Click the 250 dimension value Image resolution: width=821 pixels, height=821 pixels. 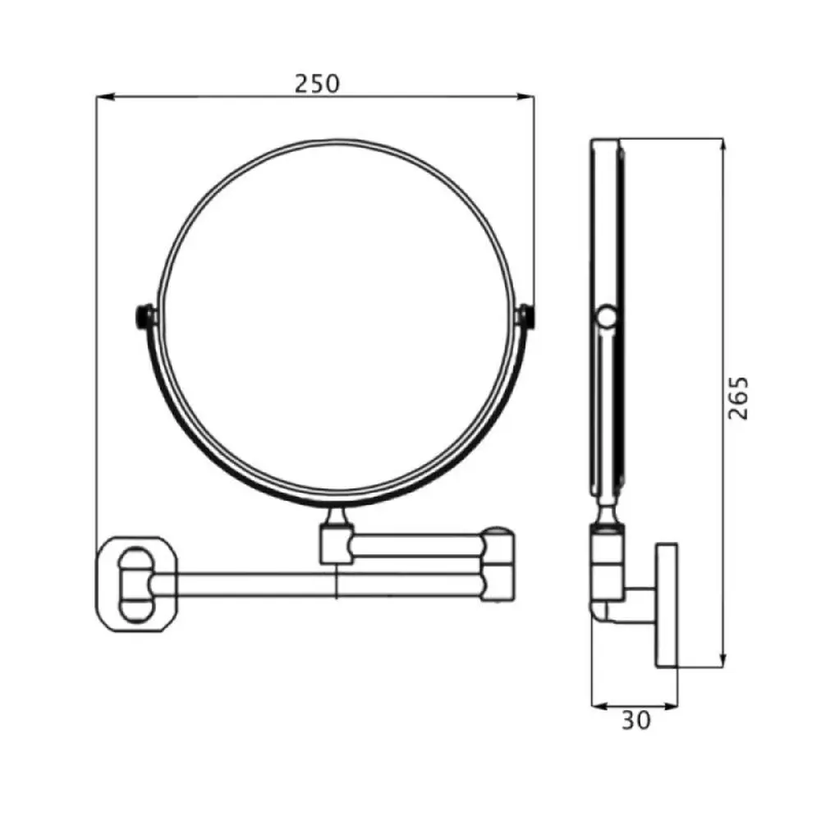(x=317, y=84)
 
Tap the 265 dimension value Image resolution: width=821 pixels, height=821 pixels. (x=739, y=398)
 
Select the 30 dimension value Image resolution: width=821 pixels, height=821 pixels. (x=636, y=721)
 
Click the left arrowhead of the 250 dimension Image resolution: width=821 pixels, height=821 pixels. (x=105, y=97)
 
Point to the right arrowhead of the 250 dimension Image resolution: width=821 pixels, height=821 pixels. (x=525, y=97)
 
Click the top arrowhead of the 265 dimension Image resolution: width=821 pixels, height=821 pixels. (x=723, y=147)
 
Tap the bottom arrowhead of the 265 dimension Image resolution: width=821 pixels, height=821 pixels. (x=723, y=659)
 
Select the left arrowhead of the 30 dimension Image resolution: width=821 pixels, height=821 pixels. (x=600, y=706)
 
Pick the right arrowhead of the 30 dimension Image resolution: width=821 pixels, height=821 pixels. (x=669, y=706)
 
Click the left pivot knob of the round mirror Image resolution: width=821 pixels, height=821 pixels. (x=142, y=317)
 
